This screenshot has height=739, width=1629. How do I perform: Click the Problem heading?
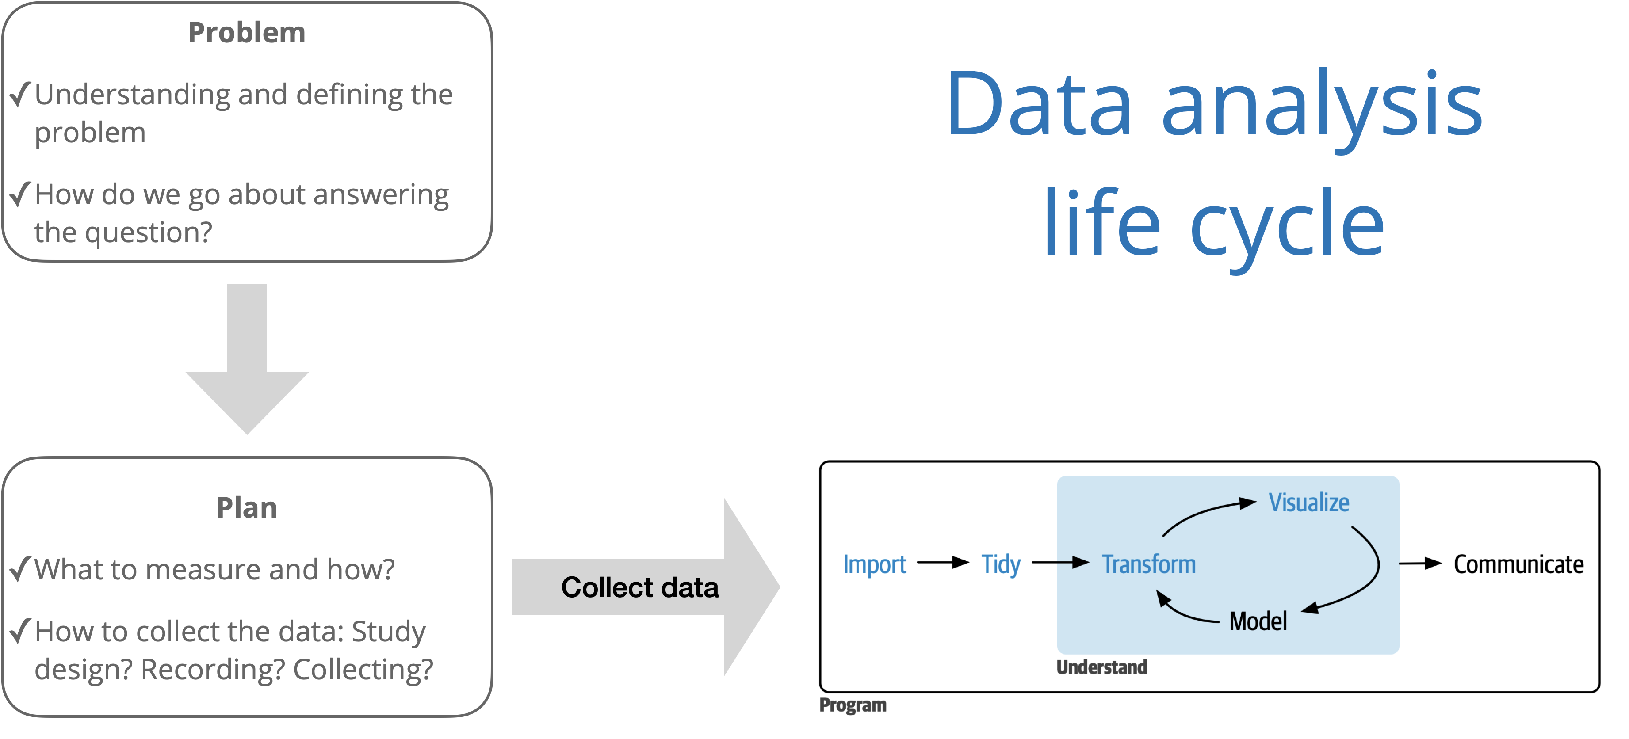247,33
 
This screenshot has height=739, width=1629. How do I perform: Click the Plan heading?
247,508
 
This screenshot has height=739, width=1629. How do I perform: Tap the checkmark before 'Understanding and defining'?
20,95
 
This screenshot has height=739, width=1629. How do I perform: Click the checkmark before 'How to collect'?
20,630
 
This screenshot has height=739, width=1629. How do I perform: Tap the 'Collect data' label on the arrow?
639,587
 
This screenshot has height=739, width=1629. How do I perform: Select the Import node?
875,564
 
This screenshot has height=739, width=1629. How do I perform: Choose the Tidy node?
1001,564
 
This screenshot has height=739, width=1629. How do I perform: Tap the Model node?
1258,621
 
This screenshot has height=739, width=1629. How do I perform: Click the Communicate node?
1518,564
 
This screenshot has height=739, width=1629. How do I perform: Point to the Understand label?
1101,667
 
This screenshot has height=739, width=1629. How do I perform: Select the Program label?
853,705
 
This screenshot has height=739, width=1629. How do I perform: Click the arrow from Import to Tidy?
943,562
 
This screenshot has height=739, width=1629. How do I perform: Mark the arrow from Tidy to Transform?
1060,562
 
